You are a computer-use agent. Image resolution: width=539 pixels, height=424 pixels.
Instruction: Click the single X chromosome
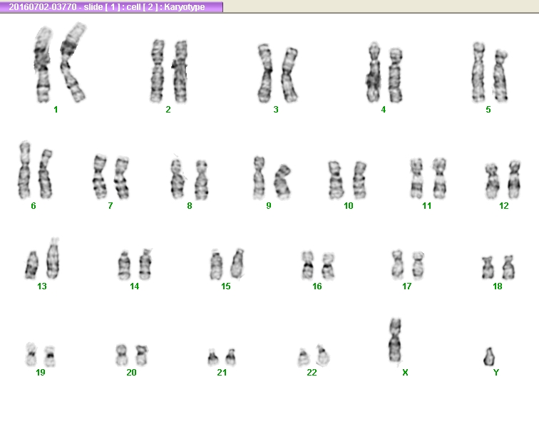click(395, 340)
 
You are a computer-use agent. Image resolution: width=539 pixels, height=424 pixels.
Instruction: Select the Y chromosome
click(489, 356)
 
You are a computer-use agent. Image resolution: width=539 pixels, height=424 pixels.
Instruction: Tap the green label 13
click(42, 286)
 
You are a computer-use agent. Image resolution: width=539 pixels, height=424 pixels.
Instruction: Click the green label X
click(405, 373)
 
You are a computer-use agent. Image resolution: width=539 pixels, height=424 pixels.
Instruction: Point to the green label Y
click(496, 373)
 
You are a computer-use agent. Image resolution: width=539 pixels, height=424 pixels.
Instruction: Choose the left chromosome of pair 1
click(43, 66)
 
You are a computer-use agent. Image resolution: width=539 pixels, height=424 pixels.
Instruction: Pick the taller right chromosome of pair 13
click(53, 259)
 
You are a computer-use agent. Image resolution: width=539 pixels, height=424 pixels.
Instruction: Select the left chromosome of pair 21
click(212, 357)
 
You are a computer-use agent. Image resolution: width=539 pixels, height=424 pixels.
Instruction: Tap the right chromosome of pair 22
click(323, 356)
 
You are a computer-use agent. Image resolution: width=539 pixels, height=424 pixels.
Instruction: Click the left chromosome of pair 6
click(24, 170)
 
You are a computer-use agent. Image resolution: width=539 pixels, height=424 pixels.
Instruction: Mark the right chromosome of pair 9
click(282, 182)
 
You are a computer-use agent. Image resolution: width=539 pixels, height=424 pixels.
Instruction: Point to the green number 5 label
click(488, 110)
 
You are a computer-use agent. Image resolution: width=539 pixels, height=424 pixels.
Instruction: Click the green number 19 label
click(41, 373)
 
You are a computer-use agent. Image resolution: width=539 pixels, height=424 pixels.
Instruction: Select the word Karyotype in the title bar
click(185, 7)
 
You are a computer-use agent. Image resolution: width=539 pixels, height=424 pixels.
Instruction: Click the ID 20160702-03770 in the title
click(43, 7)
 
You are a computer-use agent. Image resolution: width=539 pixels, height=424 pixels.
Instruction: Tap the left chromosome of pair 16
click(308, 265)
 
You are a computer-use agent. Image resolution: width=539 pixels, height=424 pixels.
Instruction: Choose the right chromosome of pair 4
click(395, 76)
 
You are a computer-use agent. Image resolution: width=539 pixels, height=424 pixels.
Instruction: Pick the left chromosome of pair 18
click(488, 268)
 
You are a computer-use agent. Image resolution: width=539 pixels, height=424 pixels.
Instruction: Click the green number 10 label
click(348, 206)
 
